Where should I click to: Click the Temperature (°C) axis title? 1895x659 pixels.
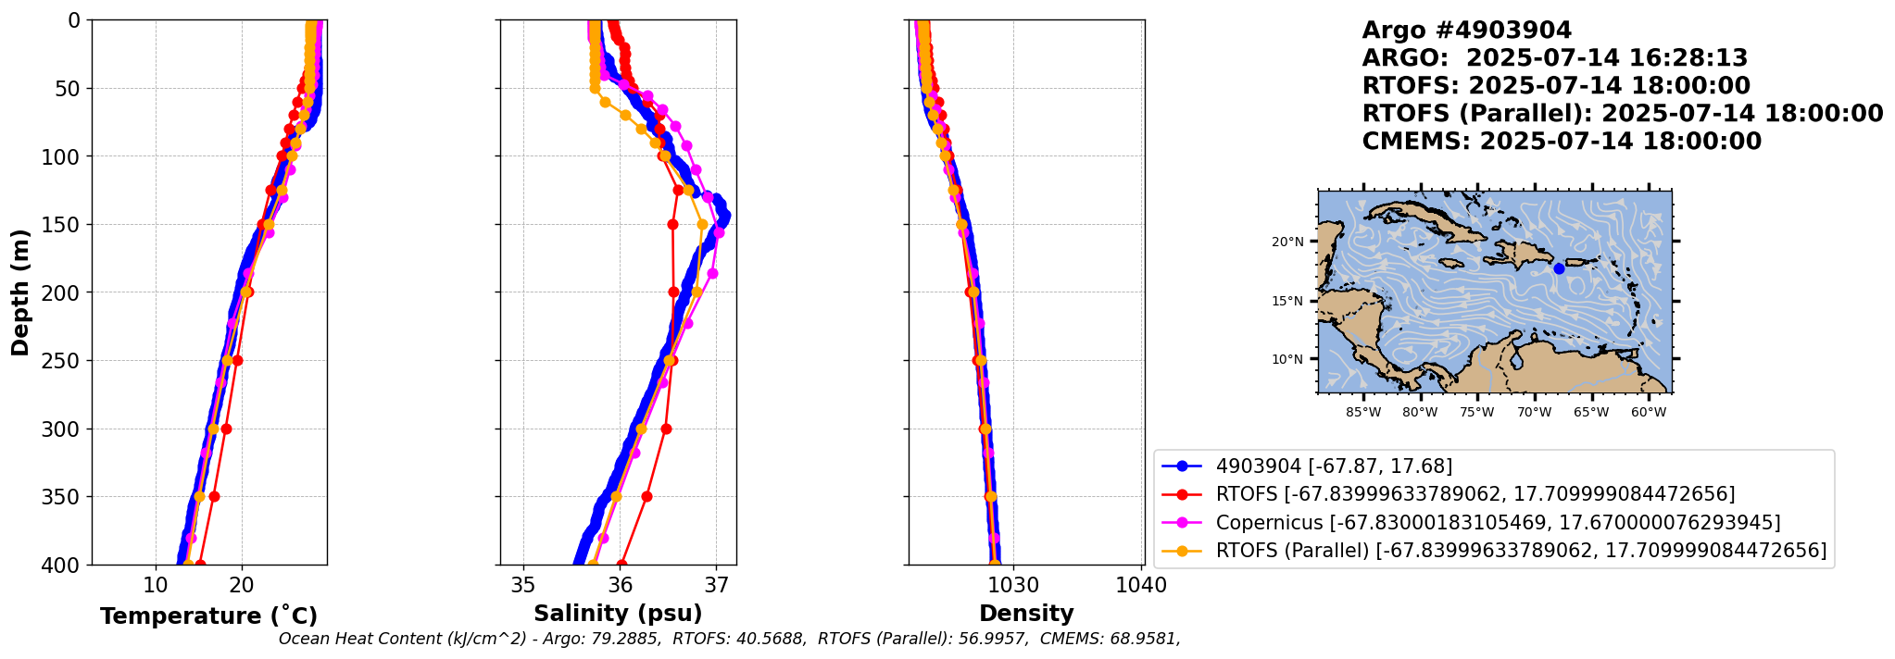208,615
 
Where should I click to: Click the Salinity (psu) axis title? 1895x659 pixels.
618,614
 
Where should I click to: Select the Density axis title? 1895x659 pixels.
1026,614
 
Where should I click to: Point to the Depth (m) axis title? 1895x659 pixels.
19,292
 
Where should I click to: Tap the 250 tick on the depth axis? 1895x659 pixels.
64,361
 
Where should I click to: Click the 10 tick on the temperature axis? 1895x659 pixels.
156,586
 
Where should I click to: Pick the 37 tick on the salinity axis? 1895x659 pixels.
716,586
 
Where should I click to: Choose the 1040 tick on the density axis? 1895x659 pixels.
1141,586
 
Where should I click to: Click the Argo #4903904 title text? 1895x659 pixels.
1466,31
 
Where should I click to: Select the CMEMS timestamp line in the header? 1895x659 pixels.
1561,142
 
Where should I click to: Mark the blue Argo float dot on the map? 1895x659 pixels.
1559,268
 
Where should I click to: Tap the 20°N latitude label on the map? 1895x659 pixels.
1287,242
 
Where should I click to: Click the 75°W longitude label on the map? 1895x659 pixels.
1476,412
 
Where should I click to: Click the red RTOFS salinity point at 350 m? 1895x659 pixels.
646,496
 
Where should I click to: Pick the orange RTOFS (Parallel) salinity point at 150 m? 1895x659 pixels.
702,224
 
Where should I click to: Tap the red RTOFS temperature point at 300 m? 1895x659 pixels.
226,429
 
